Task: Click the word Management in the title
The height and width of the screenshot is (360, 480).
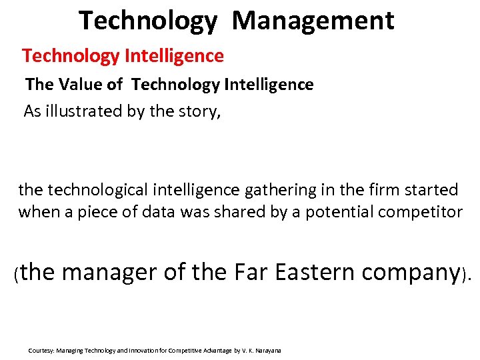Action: click(313, 21)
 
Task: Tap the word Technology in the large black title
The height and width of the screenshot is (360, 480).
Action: click(147, 21)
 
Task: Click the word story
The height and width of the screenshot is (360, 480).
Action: click(199, 111)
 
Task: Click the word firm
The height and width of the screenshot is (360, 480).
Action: click(382, 190)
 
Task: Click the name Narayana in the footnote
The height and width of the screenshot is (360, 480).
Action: click(268, 350)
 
